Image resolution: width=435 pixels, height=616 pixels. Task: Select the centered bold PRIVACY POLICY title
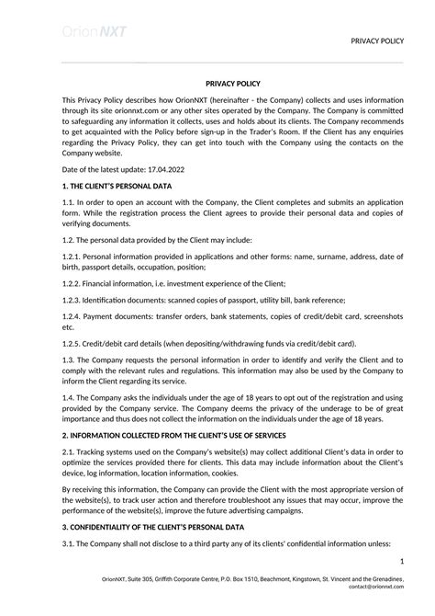(217, 83)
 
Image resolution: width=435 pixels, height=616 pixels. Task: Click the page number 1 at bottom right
(401, 561)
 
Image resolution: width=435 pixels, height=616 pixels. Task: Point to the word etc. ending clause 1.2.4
(68, 326)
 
